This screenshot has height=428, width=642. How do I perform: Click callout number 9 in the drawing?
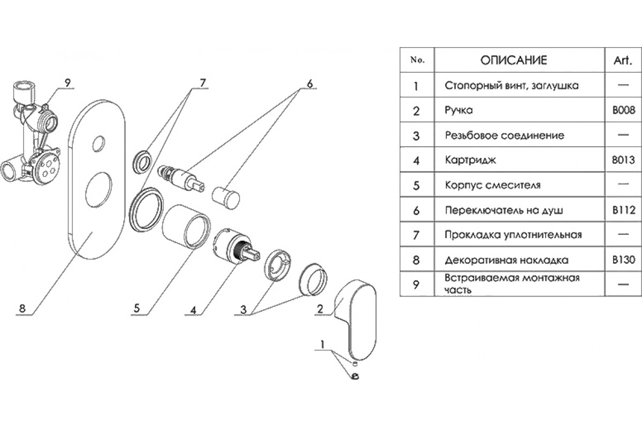point(67,82)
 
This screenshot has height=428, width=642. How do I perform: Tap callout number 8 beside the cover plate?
point(22,308)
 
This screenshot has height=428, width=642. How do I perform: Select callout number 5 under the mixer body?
point(137,308)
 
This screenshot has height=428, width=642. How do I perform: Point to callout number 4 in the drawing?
point(193,309)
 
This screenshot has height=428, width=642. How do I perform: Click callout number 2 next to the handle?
point(320,309)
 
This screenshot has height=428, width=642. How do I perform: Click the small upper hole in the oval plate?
point(99,143)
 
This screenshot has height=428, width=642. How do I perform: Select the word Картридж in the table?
point(467,160)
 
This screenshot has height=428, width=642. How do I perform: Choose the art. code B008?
point(623,111)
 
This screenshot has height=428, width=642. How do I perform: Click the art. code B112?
point(623,210)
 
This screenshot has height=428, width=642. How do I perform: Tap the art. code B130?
point(623,261)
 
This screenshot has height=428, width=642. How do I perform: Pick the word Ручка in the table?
point(459,111)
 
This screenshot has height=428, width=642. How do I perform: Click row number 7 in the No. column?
point(417,235)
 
